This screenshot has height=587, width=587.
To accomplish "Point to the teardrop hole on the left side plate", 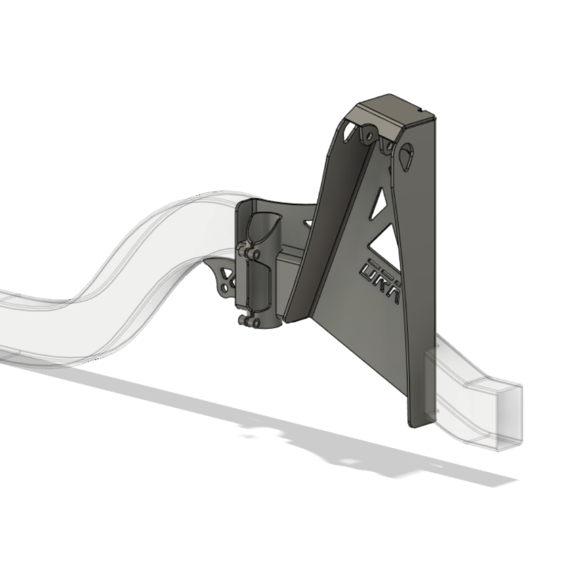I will [349, 132].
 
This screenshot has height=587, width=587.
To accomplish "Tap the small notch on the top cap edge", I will [422, 109].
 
